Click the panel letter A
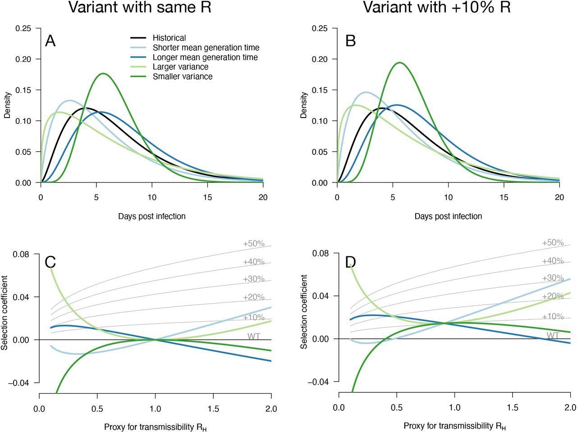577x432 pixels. [x=50, y=41]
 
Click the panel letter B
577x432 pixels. [x=350, y=41]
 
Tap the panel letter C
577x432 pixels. [x=50, y=262]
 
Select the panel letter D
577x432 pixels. [x=351, y=262]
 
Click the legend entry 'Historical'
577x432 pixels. [x=169, y=38]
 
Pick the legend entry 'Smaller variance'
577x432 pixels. [x=182, y=77]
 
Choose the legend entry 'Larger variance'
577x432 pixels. [x=180, y=67]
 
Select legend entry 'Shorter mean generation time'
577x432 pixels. [x=206, y=47]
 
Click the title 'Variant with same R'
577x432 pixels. [x=139, y=8]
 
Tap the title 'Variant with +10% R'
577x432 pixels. [x=437, y=8]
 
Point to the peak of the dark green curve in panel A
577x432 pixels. [x=103, y=73]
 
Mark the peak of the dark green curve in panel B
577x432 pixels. [x=399, y=63]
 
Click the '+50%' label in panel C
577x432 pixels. [x=254, y=244]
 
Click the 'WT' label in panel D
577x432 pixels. [x=553, y=336]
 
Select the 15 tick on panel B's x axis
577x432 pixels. [x=504, y=197]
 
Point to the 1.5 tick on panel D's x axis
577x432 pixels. [x=513, y=407]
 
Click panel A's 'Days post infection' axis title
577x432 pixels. [x=152, y=216]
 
